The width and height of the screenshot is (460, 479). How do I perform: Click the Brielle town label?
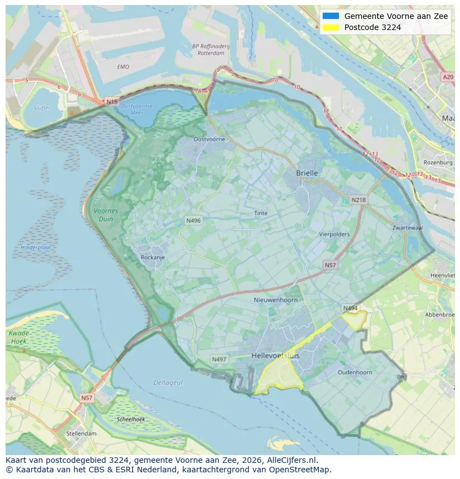[x=307, y=173]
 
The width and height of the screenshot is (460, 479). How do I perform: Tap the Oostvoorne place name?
[x=209, y=139]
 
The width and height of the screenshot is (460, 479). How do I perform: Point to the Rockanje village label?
[x=153, y=258]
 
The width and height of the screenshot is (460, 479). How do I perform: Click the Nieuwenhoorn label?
[x=276, y=300]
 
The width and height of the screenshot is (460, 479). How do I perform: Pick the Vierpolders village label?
[x=334, y=234]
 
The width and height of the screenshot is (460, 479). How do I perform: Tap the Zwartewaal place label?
[x=408, y=228]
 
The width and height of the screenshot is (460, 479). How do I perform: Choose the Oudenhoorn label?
[x=354, y=372]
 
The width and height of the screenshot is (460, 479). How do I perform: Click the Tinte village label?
[x=261, y=213]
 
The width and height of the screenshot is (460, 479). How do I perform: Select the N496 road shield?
[x=193, y=221]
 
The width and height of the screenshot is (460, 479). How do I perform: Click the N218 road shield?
[x=358, y=200]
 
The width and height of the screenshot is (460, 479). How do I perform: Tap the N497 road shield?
[x=219, y=359]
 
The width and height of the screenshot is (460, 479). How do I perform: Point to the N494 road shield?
[x=350, y=308]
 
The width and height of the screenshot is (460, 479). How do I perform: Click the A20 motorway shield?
[x=448, y=77]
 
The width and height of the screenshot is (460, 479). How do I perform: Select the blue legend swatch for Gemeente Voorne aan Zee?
[x=331, y=16]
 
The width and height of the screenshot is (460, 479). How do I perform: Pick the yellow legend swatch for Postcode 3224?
[x=331, y=27]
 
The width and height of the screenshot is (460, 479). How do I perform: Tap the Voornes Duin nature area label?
[x=106, y=215]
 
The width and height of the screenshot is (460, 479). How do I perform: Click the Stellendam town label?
[x=81, y=433]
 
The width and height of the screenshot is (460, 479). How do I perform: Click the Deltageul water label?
[x=168, y=383]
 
